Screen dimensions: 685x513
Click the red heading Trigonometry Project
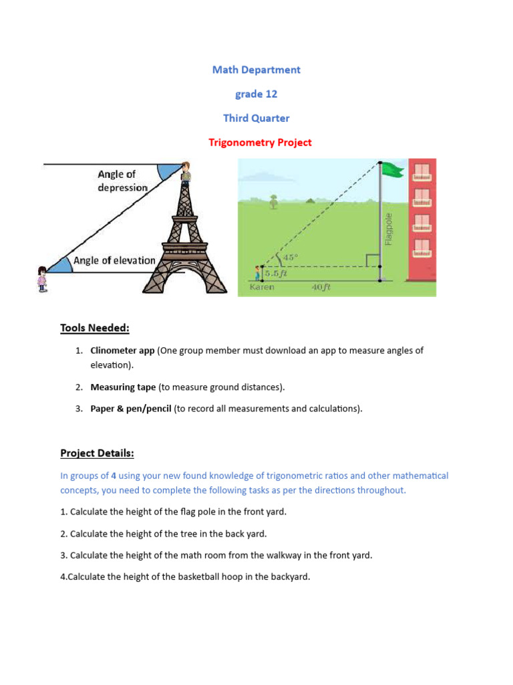pyautogui.click(x=260, y=142)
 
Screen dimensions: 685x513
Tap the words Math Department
pyautogui.click(x=256, y=70)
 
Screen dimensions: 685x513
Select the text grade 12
pyautogui.click(x=256, y=94)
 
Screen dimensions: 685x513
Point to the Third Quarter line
pyautogui.click(x=256, y=118)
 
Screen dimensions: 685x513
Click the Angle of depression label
pyautogui.click(x=122, y=181)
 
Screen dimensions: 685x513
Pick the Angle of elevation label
pyautogui.click(x=114, y=260)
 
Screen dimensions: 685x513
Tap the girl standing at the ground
pyautogui.click(x=42, y=278)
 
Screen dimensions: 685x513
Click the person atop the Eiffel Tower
pyautogui.click(x=186, y=172)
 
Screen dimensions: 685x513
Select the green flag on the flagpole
pyautogui.click(x=393, y=170)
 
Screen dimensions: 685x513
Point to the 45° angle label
pyautogui.click(x=290, y=257)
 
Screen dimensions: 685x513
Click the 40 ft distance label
pyautogui.click(x=321, y=288)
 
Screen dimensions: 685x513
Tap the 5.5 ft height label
pyautogui.click(x=275, y=274)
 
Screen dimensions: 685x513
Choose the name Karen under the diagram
pyautogui.click(x=262, y=288)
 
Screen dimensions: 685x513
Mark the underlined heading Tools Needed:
pyautogui.click(x=94, y=328)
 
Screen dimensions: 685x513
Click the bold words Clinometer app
pyautogui.click(x=122, y=351)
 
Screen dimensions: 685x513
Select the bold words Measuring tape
pyautogui.click(x=123, y=387)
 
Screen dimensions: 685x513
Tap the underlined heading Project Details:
pyautogui.click(x=97, y=454)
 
